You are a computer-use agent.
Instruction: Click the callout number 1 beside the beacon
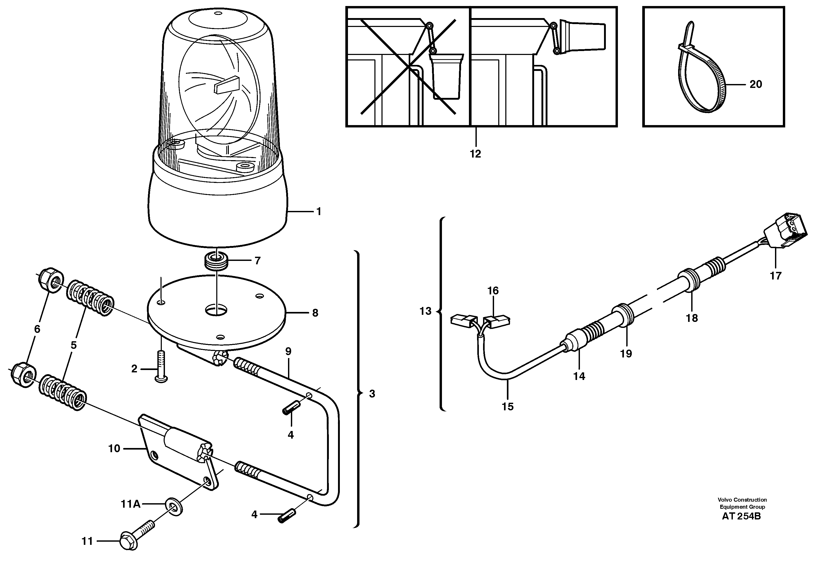click(x=318, y=212)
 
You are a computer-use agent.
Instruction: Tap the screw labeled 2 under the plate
click(x=162, y=366)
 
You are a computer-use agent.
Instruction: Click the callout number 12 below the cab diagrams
click(x=475, y=154)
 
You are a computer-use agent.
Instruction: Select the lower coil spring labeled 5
click(x=63, y=393)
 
